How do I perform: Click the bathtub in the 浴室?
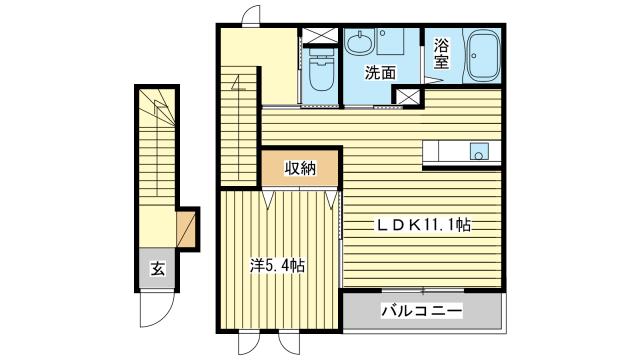484,56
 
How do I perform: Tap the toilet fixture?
322,70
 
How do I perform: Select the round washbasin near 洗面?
359,41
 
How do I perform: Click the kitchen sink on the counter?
479,151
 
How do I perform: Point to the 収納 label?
300,168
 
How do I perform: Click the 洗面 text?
380,73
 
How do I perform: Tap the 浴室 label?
442,53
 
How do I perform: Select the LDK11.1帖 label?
423,225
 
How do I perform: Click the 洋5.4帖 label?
278,266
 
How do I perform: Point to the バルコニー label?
422,311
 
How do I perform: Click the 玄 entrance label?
158,269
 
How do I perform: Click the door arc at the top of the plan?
250,16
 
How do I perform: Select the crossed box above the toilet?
320,36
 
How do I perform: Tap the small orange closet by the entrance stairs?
186,229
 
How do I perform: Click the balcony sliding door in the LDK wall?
423,291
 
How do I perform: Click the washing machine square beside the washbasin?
390,41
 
